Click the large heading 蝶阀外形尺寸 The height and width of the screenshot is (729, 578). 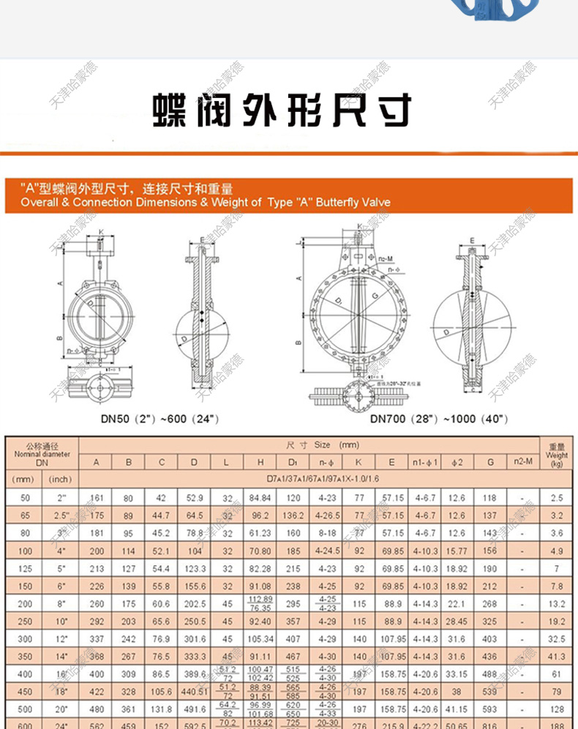(x=281, y=111)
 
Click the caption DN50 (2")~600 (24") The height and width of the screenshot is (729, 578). (x=160, y=419)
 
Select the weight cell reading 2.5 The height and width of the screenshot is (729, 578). (x=556, y=498)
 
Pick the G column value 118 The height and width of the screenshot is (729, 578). (x=489, y=498)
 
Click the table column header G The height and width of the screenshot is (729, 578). (x=489, y=463)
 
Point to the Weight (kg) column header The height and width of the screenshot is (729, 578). (x=556, y=454)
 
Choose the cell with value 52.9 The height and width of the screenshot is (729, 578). (x=194, y=498)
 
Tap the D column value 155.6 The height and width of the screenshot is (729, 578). (x=194, y=586)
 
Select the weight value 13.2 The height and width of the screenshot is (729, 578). (x=556, y=604)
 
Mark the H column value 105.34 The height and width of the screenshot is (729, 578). (x=260, y=639)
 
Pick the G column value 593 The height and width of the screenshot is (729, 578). (x=489, y=709)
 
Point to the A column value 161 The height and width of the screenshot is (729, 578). (x=97, y=498)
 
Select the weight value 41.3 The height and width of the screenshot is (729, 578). (x=556, y=657)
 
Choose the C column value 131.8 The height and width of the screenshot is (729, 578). (x=160, y=709)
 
